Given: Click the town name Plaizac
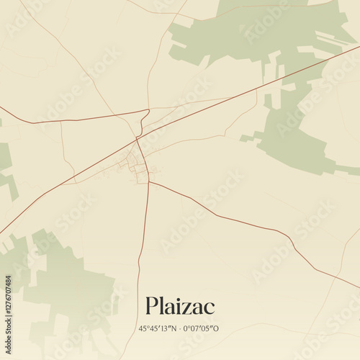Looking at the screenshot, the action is click(179, 306).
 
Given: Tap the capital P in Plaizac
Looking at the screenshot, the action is click(151, 306).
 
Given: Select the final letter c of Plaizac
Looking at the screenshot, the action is click(209, 307).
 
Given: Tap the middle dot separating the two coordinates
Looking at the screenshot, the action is click(180, 329).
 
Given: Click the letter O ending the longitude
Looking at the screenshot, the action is click(216, 329).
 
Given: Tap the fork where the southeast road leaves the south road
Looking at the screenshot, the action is click(148, 181).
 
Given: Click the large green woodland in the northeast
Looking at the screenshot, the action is click(288, 43).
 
